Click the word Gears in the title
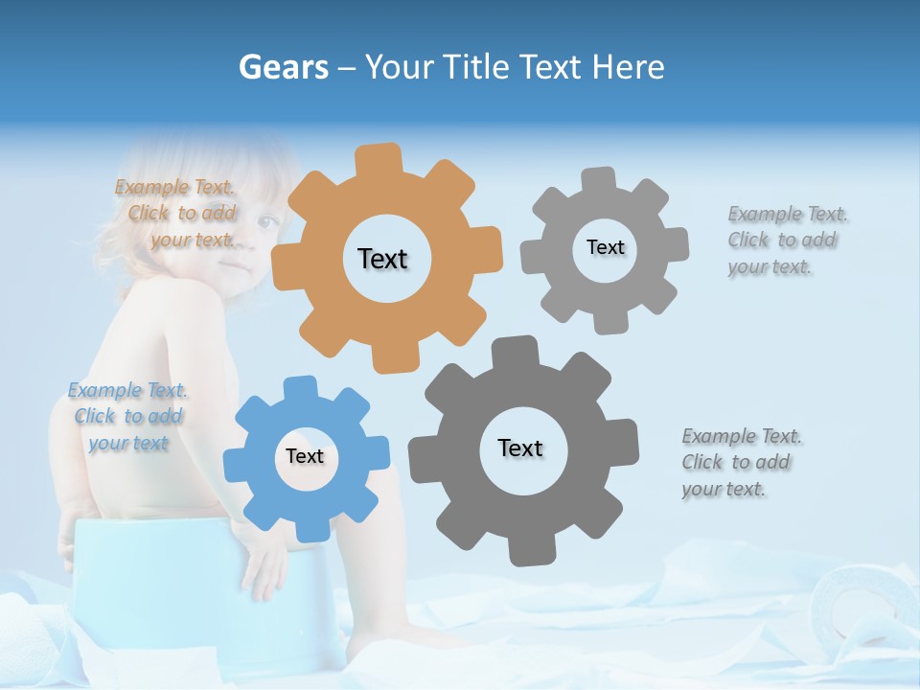tap(282, 67)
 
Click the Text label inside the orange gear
tap(382, 259)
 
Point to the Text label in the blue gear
tap(305, 457)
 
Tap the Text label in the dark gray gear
tap(520, 448)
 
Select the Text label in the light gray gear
tap(605, 247)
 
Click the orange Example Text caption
tap(177, 214)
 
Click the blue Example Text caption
tap(127, 417)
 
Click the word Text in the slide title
tap(551, 67)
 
